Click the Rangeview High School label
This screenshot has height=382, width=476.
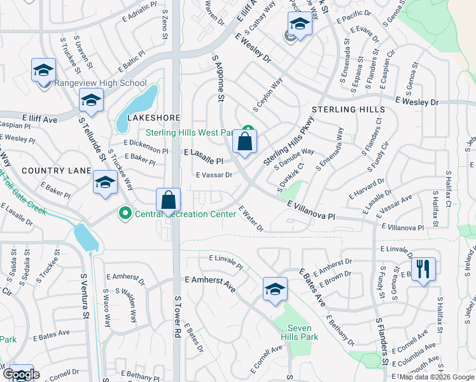(101, 83)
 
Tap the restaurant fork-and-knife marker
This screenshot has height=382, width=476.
(423, 269)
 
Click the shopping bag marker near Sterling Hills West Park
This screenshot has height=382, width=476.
(244, 142)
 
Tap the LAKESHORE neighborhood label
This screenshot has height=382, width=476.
(154, 118)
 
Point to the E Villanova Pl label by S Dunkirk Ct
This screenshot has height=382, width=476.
(311, 211)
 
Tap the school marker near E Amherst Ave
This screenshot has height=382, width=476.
(275, 290)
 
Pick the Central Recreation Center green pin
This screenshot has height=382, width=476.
(126, 213)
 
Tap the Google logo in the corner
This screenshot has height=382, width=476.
(21, 374)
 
